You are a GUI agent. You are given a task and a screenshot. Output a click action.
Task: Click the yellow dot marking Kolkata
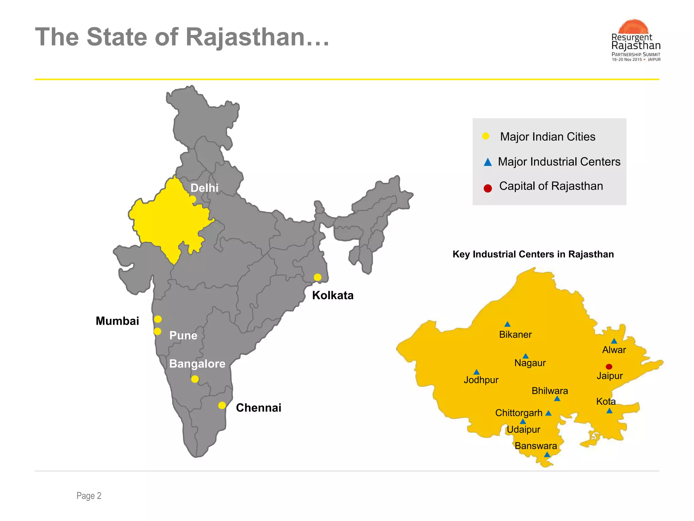[318, 277]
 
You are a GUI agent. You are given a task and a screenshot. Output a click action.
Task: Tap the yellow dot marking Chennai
[222, 405]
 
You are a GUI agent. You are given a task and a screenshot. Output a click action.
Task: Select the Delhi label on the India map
[204, 188]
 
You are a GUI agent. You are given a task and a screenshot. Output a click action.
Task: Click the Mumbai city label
[117, 321]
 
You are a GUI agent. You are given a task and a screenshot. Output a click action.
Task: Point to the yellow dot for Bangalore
[195, 379]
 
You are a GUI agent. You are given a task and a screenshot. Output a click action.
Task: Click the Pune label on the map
[183, 335]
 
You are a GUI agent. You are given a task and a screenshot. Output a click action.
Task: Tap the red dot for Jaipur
[609, 367]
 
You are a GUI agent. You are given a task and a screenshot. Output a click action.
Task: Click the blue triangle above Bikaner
[507, 324]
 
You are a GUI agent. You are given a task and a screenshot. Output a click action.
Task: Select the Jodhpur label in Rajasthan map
[481, 380]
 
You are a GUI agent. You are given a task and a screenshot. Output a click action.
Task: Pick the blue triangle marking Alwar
[614, 341]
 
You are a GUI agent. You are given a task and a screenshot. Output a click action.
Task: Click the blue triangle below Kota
[609, 411]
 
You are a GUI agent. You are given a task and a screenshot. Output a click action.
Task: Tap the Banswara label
[536, 446]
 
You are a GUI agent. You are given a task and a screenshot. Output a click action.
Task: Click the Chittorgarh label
[519, 413]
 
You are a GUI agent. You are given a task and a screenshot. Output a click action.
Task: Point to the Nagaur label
[530, 363]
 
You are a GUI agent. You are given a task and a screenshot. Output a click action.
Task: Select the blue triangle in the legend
[488, 162]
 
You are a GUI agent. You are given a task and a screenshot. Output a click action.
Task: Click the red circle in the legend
[488, 188]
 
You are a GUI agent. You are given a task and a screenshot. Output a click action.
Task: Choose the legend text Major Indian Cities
[548, 137]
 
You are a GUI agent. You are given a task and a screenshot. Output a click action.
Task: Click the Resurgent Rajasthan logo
[636, 41]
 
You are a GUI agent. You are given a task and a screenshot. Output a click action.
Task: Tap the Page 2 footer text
[89, 496]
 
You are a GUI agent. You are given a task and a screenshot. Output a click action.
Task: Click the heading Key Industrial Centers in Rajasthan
[533, 254]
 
